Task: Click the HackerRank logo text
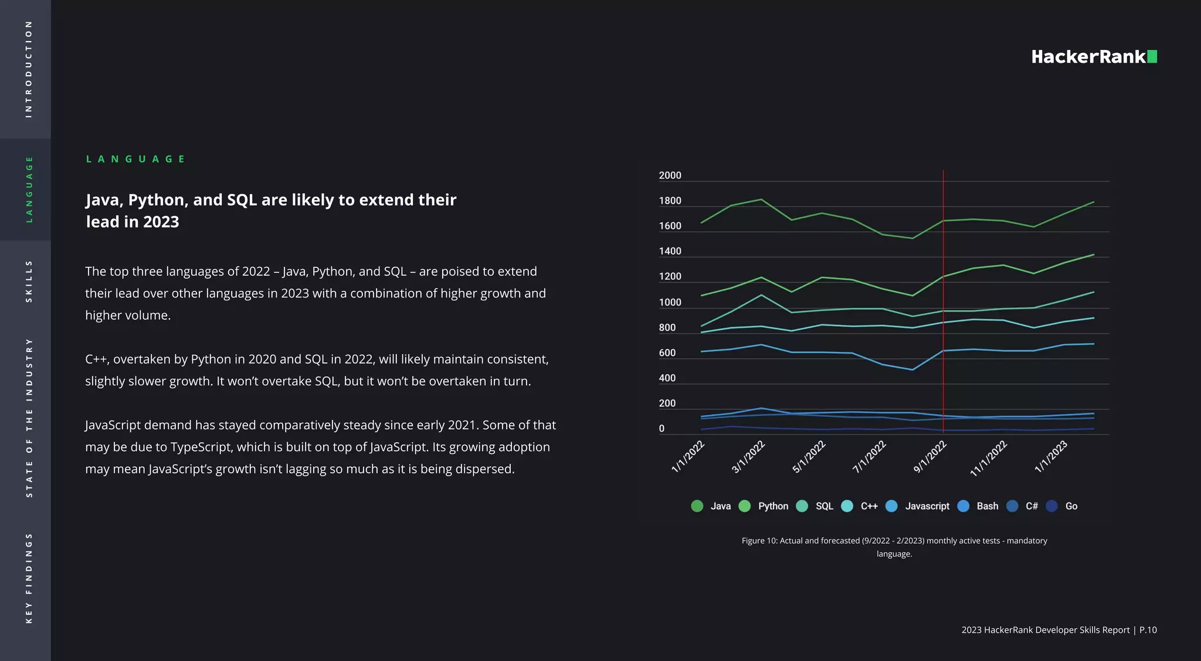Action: (1088, 57)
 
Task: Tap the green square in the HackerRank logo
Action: (1152, 56)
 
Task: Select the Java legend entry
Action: (711, 506)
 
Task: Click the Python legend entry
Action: (764, 506)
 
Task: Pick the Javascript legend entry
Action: (918, 506)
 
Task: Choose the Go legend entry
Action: (1062, 506)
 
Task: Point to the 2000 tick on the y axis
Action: (670, 175)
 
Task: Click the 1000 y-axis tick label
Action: (670, 303)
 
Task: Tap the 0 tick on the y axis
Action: (661, 429)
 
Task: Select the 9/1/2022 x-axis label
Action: (930, 457)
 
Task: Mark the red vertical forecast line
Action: (943, 305)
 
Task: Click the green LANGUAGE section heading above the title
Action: (135, 159)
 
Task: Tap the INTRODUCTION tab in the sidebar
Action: (28, 69)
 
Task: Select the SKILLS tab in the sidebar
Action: (28, 282)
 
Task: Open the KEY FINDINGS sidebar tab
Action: (28, 578)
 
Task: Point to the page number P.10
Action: (1148, 630)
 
